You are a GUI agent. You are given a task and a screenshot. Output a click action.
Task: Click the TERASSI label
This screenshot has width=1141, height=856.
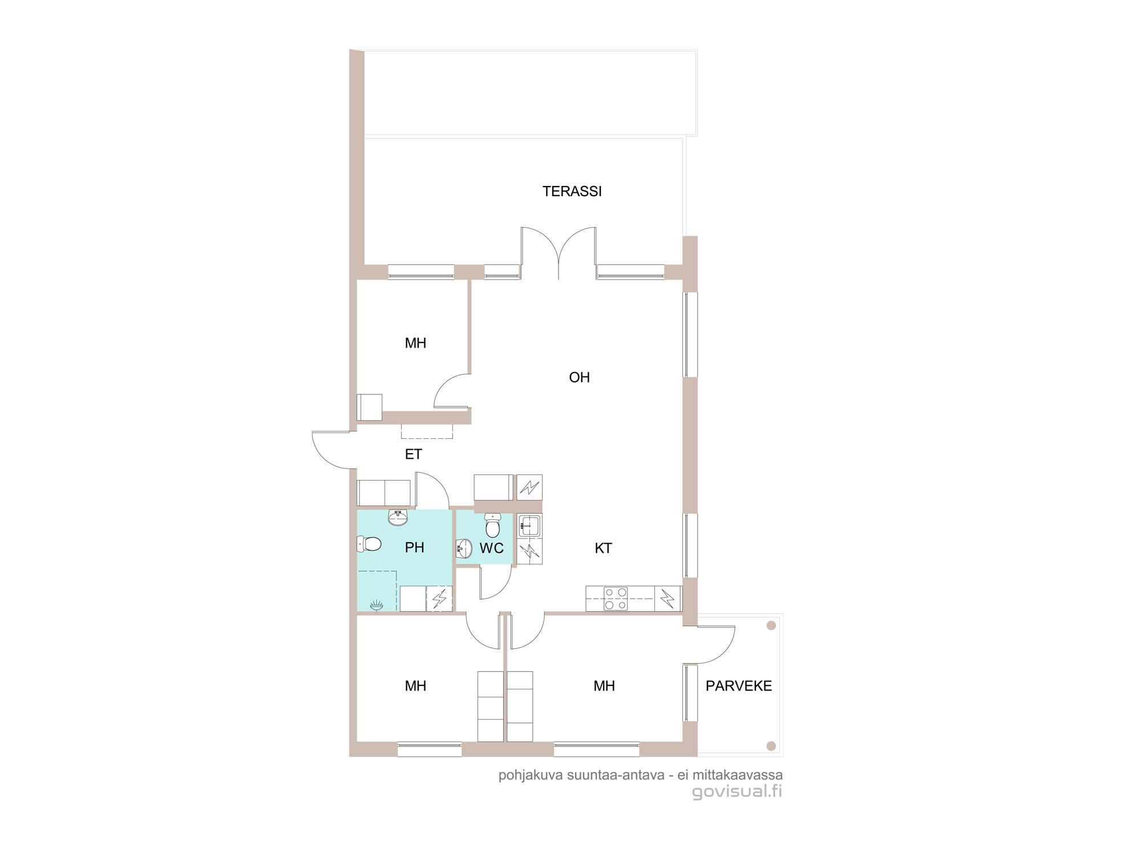[572, 191]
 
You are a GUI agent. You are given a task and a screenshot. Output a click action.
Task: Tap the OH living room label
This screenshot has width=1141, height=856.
[579, 377]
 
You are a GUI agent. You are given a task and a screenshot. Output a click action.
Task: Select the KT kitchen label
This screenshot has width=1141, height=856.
[603, 548]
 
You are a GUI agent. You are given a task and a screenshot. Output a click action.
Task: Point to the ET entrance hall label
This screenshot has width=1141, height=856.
[413, 454]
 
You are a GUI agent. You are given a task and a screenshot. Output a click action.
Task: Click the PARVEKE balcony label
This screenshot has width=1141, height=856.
[739, 686]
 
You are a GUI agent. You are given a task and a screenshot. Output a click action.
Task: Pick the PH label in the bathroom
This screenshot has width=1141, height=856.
[414, 547]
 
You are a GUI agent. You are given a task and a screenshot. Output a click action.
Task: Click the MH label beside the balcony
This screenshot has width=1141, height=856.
[604, 686]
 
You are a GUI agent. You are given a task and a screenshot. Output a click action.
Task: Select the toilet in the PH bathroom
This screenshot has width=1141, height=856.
[369, 544]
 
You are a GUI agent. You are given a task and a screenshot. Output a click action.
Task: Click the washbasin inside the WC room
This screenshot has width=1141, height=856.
[464, 549]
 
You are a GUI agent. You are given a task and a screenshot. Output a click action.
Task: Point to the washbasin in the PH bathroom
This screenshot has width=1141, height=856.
[398, 517]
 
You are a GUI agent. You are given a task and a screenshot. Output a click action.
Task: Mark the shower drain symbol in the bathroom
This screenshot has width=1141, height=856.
[376, 605]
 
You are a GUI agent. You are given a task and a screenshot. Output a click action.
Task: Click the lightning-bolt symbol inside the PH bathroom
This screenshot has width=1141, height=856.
[439, 599]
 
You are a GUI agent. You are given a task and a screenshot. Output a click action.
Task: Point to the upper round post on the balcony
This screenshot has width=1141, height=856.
[771, 625]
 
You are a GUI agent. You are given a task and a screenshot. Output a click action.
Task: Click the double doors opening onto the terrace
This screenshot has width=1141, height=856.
[559, 253]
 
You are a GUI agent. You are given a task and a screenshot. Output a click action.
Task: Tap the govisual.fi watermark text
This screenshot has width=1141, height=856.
[737, 792]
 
